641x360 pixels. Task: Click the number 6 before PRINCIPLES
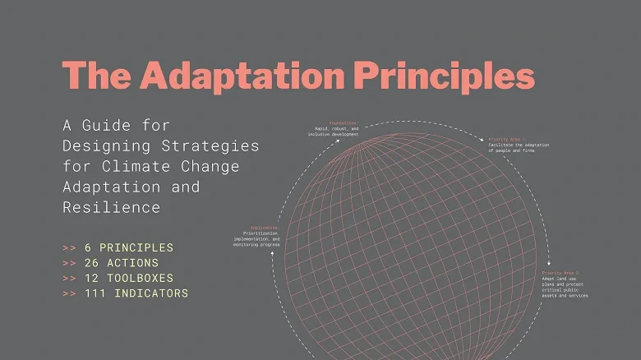point(88,247)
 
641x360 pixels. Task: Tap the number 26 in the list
point(92,263)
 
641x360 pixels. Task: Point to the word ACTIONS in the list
point(131,263)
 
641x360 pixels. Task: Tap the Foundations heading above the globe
point(344,122)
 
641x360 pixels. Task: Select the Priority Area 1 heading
point(508,139)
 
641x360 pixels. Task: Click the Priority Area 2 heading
point(560,272)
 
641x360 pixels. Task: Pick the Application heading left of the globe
point(264,227)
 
